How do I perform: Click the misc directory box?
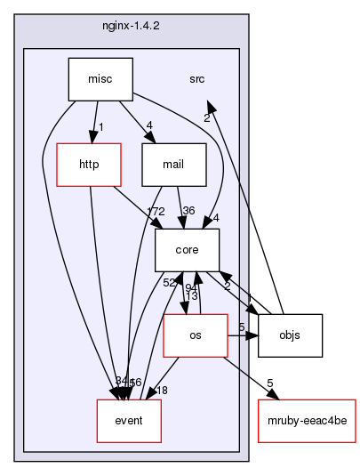click(x=100, y=78)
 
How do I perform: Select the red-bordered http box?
click(x=87, y=164)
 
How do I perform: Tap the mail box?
click(x=174, y=164)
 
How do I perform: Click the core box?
click(x=187, y=250)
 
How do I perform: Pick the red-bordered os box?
click(x=195, y=335)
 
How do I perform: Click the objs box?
click(x=290, y=335)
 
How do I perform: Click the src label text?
click(x=196, y=79)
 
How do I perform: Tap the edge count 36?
click(x=188, y=211)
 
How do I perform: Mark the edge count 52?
click(x=167, y=282)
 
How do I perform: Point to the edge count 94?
click(x=190, y=287)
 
